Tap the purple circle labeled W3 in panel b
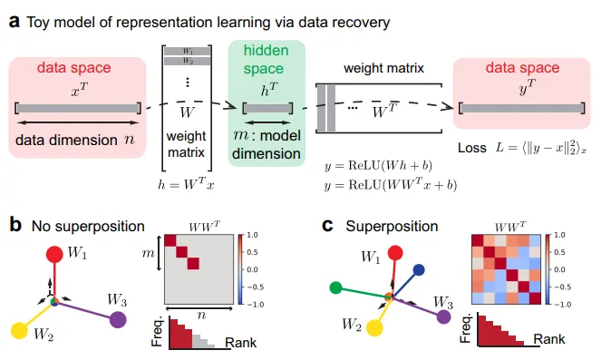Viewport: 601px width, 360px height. tap(117, 319)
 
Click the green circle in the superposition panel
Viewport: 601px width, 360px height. tap(335, 288)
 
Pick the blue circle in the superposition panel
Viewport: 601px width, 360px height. tap(419, 269)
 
